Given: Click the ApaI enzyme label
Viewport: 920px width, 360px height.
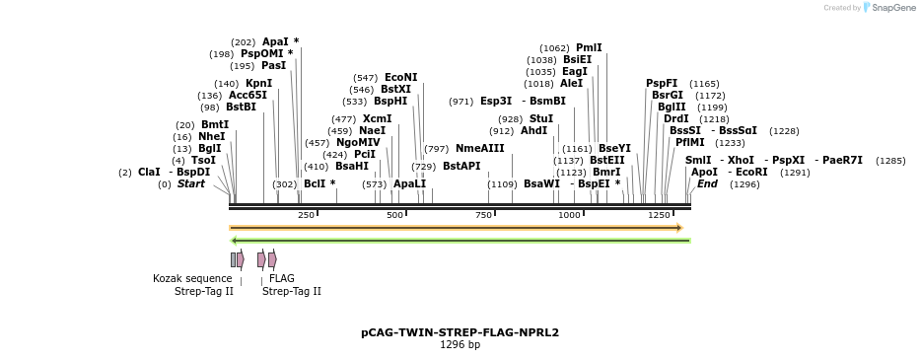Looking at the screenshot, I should click(x=275, y=41).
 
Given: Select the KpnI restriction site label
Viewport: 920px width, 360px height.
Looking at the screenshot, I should click(x=258, y=84).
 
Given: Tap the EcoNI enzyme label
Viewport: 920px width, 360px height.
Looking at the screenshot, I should click(x=400, y=77).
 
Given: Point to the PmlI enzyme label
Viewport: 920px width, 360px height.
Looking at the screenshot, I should click(x=589, y=47).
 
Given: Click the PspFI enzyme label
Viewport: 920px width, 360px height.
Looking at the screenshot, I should click(x=662, y=84).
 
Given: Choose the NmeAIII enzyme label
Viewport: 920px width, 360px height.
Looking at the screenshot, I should click(x=479, y=149).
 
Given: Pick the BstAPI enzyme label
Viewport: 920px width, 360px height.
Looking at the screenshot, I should click(x=461, y=167).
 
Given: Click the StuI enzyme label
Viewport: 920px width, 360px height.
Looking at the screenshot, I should click(x=541, y=119).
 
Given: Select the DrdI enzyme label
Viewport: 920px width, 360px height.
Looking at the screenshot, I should click(x=675, y=119).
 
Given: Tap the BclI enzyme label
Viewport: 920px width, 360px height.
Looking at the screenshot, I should click(x=315, y=183).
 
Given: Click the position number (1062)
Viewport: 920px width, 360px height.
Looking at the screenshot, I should click(x=554, y=48).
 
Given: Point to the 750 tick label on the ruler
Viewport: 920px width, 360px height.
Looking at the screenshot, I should click(x=483, y=215).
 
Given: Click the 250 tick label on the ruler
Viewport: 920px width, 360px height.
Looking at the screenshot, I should click(x=306, y=215).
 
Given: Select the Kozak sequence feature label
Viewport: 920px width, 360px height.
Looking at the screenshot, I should click(x=192, y=279).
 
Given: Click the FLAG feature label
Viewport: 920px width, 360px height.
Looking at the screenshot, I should click(x=282, y=279).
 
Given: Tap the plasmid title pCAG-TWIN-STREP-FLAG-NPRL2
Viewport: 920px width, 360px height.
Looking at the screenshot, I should click(x=460, y=332).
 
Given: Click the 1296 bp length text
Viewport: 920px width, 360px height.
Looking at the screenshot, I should click(x=460, y=345).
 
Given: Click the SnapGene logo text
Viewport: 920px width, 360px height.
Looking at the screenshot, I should click(x=893, y=8).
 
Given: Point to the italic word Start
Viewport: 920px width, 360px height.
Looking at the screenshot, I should click(x=191, y=183).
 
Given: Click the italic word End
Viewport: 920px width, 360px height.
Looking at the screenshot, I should click(x=707, y=183).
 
